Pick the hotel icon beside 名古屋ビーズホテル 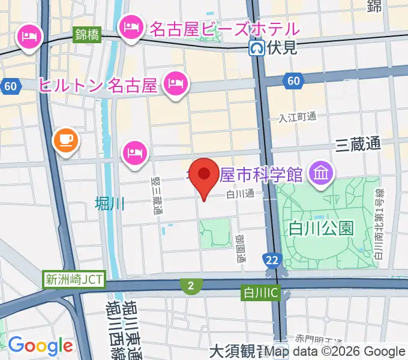coord(131,28)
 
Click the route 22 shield coord(272,260)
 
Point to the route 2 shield coord(190,286)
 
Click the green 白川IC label coord(260,293)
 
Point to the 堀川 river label coord(110,204)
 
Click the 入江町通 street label coord(298,117)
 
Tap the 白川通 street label coord(241,193)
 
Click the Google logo coord(40,345)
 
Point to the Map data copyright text coord(335,352)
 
